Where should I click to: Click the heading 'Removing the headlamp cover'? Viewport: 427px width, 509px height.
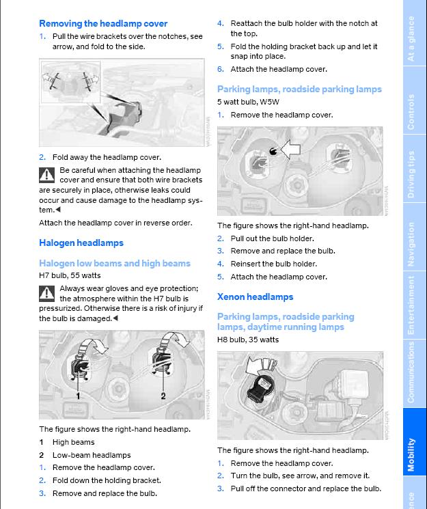click(103, 23)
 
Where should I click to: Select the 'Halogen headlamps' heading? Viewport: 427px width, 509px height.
click(81, 243)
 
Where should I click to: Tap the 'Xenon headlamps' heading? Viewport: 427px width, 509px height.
click(255, 297)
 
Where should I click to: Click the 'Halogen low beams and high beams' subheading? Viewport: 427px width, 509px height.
click(115, 263)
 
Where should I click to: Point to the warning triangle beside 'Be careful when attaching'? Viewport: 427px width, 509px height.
click(46, 175)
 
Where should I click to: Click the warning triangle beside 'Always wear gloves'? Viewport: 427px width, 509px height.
click(46, 294)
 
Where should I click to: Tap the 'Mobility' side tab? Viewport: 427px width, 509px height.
click(412, 454)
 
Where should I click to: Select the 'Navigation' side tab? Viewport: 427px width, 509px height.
click(412, 244)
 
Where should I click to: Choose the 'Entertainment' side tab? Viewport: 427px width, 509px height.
click(412, 305)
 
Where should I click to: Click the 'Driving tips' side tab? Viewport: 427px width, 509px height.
click(412, 175)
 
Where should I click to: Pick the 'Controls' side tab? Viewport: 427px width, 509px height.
click(412, 111)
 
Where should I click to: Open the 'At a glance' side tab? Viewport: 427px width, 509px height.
click(412, 39)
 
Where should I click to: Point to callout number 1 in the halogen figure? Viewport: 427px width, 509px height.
click(78, 396)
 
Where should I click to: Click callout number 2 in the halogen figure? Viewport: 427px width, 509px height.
click(163, 396)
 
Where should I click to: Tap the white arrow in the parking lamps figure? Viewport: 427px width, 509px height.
click(290, 149)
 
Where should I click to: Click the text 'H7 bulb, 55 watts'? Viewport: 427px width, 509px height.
click(70, 275)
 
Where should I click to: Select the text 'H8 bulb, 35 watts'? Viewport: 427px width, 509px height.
click(248, 340)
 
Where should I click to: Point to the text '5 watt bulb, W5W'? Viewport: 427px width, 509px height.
click(248, 102)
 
